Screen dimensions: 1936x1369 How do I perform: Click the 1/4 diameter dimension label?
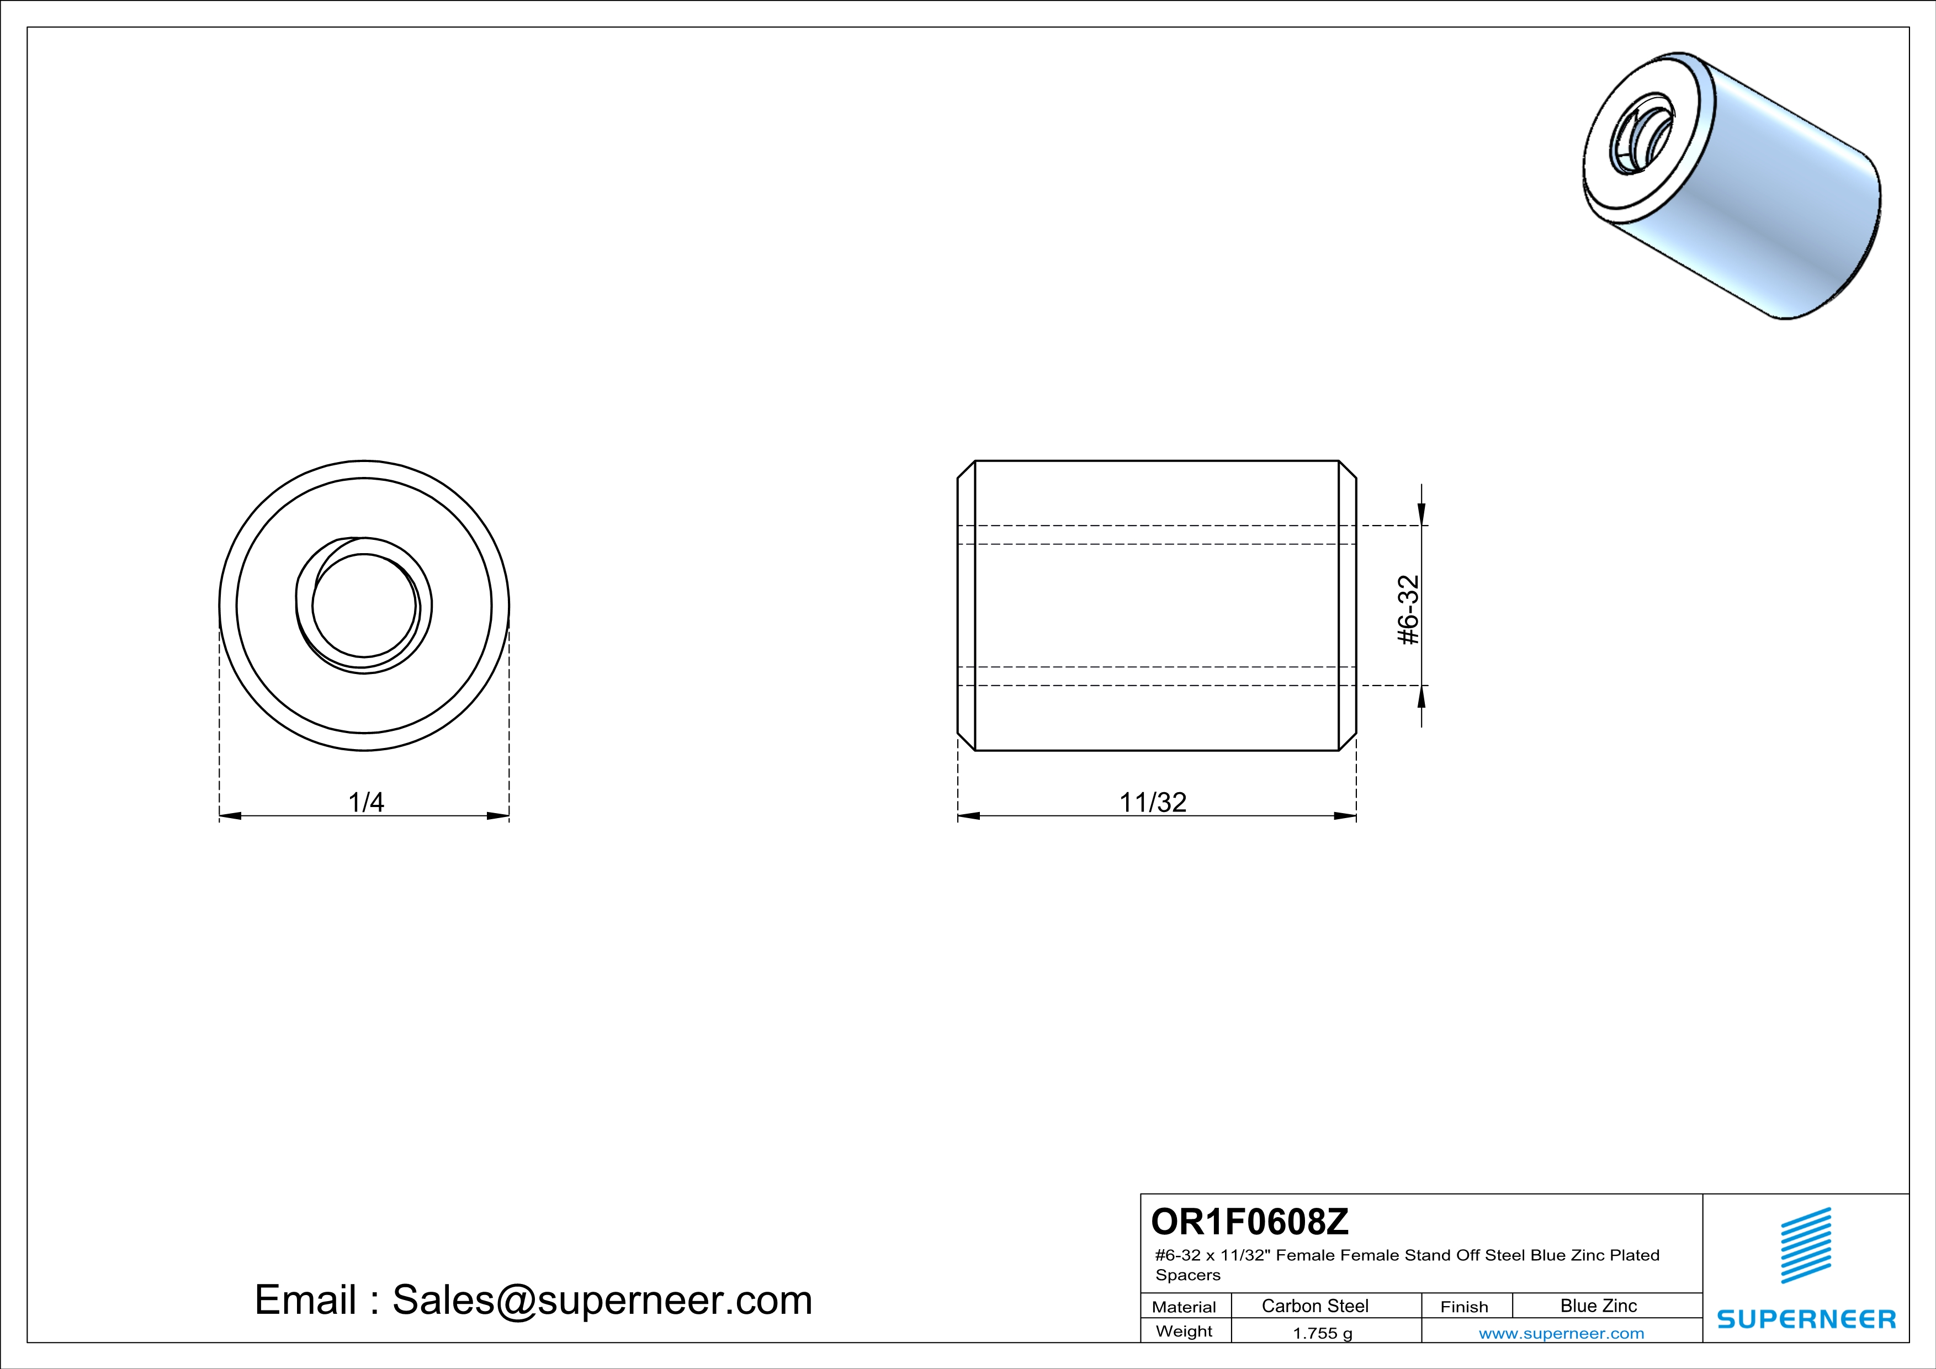[366, 802]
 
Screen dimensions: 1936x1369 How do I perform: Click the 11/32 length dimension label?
[1153, 802]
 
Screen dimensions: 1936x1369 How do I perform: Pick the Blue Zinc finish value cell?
[1599, 1306]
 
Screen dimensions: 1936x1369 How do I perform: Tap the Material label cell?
[1184, 1307]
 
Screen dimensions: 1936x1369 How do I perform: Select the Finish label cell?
[1465, 1307]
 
